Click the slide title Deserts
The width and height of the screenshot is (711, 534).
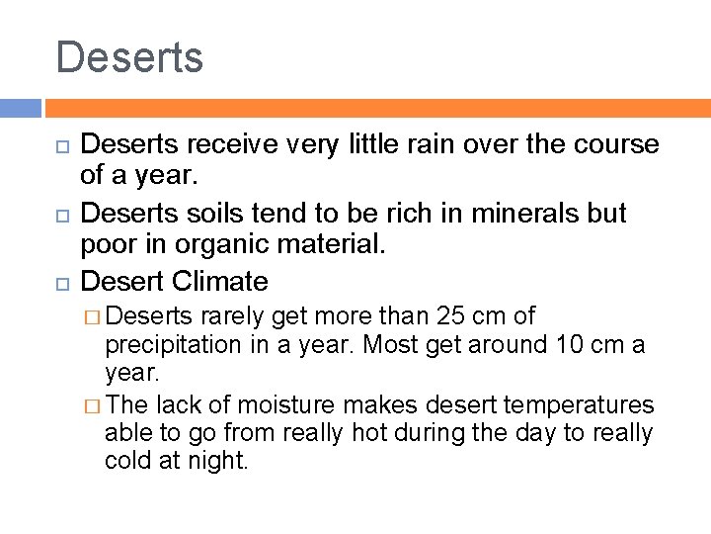click(129, 57)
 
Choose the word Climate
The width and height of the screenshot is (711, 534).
click(219, 282)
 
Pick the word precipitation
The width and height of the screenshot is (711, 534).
click(173, 345)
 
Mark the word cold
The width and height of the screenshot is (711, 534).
click(133, 461)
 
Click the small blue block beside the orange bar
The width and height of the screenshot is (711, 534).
click(20, 108)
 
